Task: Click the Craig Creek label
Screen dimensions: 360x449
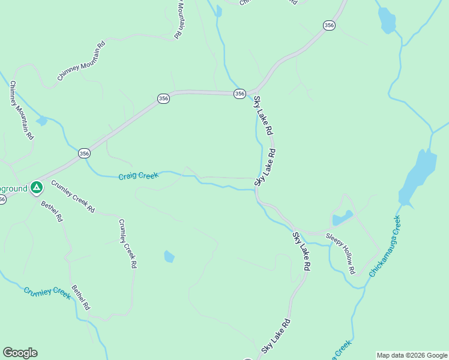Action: pos(138,176)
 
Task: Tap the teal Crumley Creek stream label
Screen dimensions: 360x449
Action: pos(47,292)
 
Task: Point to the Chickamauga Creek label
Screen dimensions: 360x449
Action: pos(385,246)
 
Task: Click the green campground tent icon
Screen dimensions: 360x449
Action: pos(37,188)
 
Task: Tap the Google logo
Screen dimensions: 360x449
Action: pos(20,353)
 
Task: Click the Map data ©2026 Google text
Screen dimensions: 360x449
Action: pos(412,355)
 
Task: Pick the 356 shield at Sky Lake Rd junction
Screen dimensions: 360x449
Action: pos(240,94)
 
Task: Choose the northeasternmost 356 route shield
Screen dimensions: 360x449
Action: pos(329,25)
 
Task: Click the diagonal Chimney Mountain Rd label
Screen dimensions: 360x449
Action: pos(81,62)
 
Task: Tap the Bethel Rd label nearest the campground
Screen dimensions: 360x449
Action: pos(52,211)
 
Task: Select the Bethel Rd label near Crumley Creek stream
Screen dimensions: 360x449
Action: pos(80,297)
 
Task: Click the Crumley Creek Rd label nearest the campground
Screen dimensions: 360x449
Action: pos(73,196)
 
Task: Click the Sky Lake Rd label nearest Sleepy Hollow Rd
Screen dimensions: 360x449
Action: pos(302,251)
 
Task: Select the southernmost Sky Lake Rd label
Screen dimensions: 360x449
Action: pos(276,336)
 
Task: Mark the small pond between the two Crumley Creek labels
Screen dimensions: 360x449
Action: pos(169,257)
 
